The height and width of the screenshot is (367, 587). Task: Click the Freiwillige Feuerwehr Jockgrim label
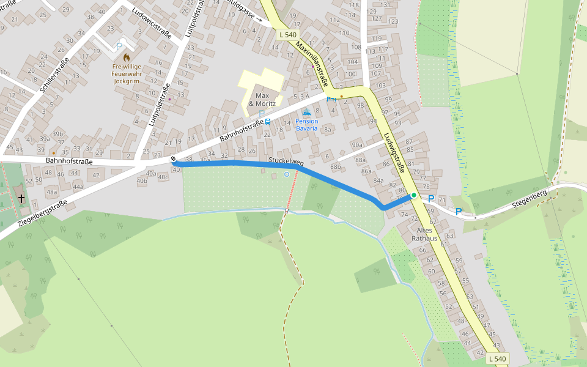[x=127, y=73]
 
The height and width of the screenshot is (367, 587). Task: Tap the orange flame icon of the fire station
[x=127, y=57]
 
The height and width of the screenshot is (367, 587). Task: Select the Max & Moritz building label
[x=262, y=100]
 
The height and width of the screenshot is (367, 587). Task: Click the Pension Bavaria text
[x=306, y=124]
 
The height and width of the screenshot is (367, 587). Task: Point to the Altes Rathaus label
[x=425, y=234]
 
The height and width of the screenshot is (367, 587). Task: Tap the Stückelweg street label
[x=286, y=161]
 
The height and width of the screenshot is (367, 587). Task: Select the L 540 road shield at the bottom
[x=498, y=359]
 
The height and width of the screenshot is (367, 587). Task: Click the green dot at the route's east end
[x=414, y=195]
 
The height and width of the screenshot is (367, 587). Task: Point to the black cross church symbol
[x=21, y=198]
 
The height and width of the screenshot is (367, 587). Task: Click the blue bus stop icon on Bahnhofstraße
[x=268, y=122]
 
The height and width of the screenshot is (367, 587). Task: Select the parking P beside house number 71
[x=431, y=199]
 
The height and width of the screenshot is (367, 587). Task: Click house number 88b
[x=335, y=166]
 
